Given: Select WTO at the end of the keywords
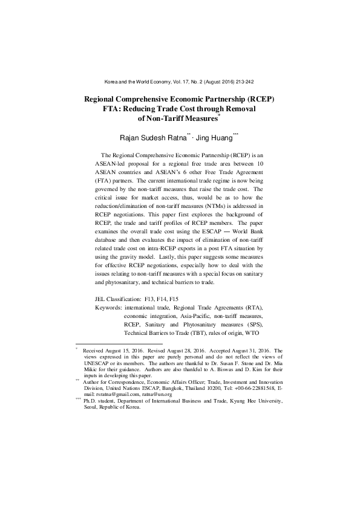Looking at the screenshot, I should click(256, 332).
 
